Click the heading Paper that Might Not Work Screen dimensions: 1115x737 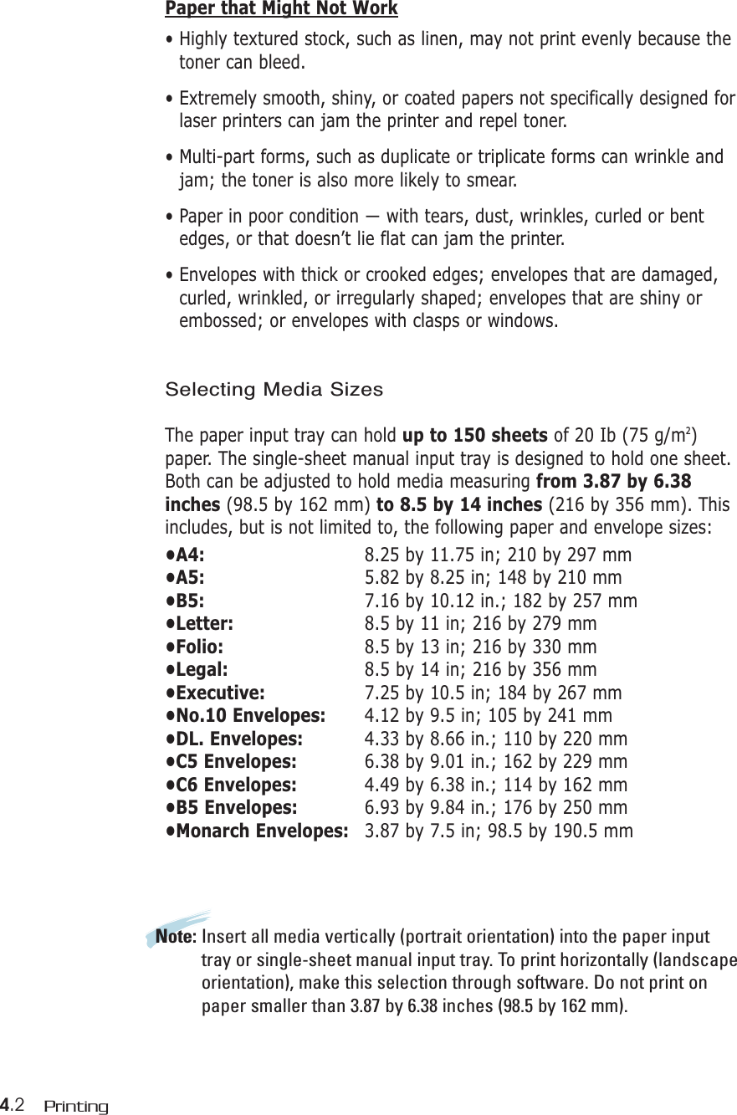281,9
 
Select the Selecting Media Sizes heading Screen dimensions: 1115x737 274,390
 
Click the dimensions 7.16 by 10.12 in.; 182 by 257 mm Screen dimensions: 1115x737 500,601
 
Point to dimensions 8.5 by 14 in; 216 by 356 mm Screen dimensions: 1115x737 480,670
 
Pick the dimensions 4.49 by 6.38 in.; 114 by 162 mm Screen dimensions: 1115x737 495,785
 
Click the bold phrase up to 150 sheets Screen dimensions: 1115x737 475,437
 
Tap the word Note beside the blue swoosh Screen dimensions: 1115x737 176,937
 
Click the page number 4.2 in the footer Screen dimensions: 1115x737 14,1106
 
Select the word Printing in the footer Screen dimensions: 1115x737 76,1107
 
